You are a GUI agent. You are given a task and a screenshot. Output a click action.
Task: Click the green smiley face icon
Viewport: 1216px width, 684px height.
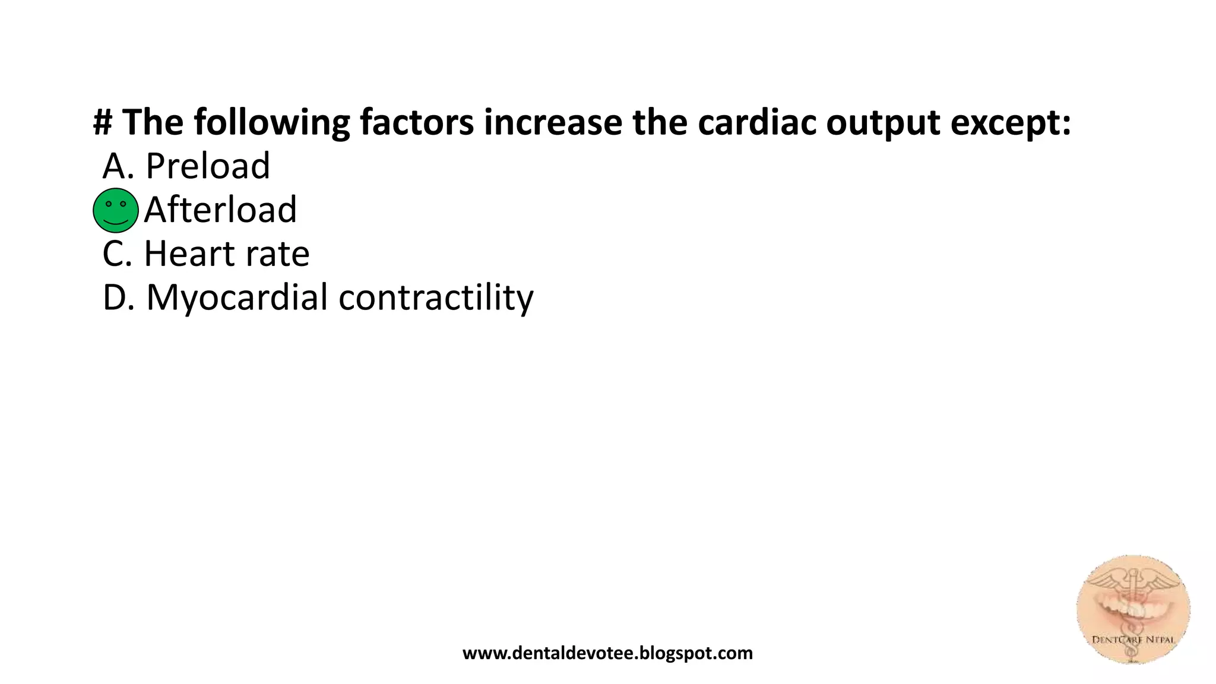click(116, 210)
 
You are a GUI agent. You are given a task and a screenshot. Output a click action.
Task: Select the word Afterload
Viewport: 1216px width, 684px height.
click(220, 210)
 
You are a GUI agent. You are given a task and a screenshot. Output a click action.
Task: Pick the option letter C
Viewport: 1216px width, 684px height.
click(115, 254)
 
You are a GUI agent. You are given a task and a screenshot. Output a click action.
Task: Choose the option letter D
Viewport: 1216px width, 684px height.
click(116, 297)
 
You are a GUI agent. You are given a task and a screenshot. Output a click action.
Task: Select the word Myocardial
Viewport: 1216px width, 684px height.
click(237, 297)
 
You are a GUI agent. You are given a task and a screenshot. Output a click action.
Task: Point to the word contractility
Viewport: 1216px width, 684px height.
click(436, 297)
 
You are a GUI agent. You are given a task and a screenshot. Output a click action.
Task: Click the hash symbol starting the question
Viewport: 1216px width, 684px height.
click(103, 122)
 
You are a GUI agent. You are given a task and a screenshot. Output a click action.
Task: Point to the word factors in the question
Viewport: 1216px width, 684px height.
click(417, 122)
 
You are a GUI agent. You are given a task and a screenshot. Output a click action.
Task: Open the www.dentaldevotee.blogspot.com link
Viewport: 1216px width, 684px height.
click(607, 653)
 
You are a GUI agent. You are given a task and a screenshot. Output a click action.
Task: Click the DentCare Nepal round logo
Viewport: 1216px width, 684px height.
click(1133, 609)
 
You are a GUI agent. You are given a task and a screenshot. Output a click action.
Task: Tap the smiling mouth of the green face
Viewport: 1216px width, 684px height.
click(116, 223)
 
